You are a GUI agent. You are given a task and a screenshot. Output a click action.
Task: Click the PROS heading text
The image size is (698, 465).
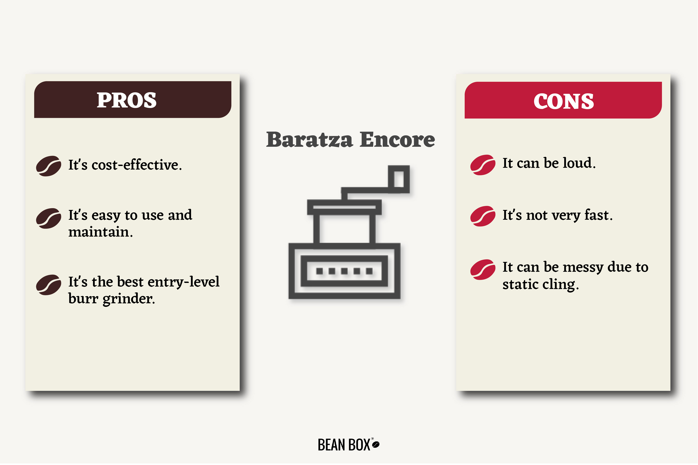[x=127, y=100]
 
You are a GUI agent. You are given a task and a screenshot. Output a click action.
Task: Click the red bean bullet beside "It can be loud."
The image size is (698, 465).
[x=483, y=165]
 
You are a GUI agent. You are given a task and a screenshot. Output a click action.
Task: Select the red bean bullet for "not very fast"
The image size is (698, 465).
[x=483, y=216]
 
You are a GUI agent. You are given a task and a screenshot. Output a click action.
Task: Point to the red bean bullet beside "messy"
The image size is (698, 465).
[x=483, y=270]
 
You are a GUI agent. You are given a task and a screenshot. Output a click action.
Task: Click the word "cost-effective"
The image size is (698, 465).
[x=137, y=165]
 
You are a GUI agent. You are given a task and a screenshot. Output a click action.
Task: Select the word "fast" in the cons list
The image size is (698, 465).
[x=598, y=215]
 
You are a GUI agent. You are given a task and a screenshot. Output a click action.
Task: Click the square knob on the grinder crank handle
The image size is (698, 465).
[x=399, y=179]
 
